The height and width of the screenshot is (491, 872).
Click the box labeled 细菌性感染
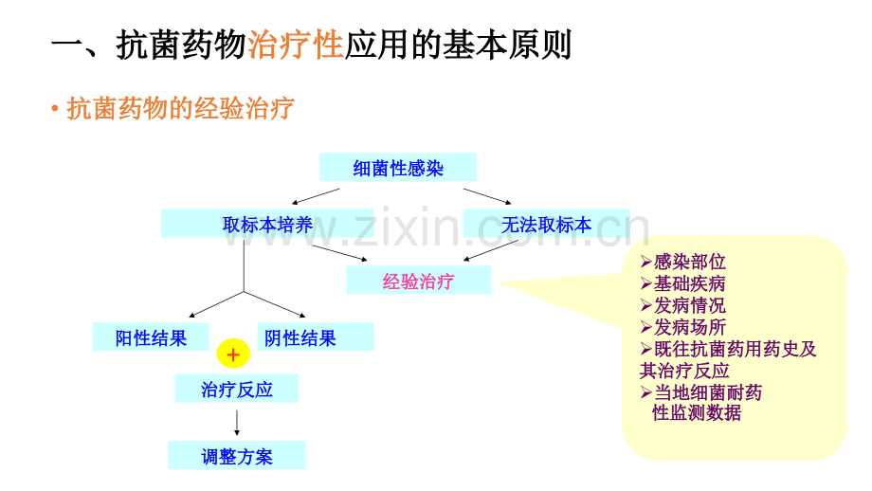click(x=398, y=167)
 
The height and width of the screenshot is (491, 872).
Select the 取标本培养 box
click(x=267, y=224)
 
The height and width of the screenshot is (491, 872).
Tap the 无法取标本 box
click(x=546, y=224)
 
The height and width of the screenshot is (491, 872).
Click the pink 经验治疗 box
click(x=418, y=281)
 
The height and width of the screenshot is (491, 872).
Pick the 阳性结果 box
click(x=151, y=337)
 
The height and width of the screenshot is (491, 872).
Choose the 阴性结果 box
click(x=316, y=337)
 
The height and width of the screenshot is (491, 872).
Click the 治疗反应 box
click(x=236, y=388)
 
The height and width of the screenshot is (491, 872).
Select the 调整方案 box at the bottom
click(x=236, y=455)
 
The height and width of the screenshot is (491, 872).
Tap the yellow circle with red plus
click(x=233, y=354)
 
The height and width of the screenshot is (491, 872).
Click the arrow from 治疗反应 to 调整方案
click(x=237, y=423)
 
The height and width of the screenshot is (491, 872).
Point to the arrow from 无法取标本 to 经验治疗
click(x=491, y=250)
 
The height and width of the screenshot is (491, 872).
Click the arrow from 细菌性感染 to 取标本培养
click(x=316, y=196)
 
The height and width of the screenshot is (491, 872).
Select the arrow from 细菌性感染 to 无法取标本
click(x=487, y=196)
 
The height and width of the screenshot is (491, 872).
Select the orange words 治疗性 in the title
click(x=296, y=45)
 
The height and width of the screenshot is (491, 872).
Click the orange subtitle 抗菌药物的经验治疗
click(x=180, y=108)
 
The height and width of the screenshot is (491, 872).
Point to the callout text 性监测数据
click(x=697, y=412)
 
